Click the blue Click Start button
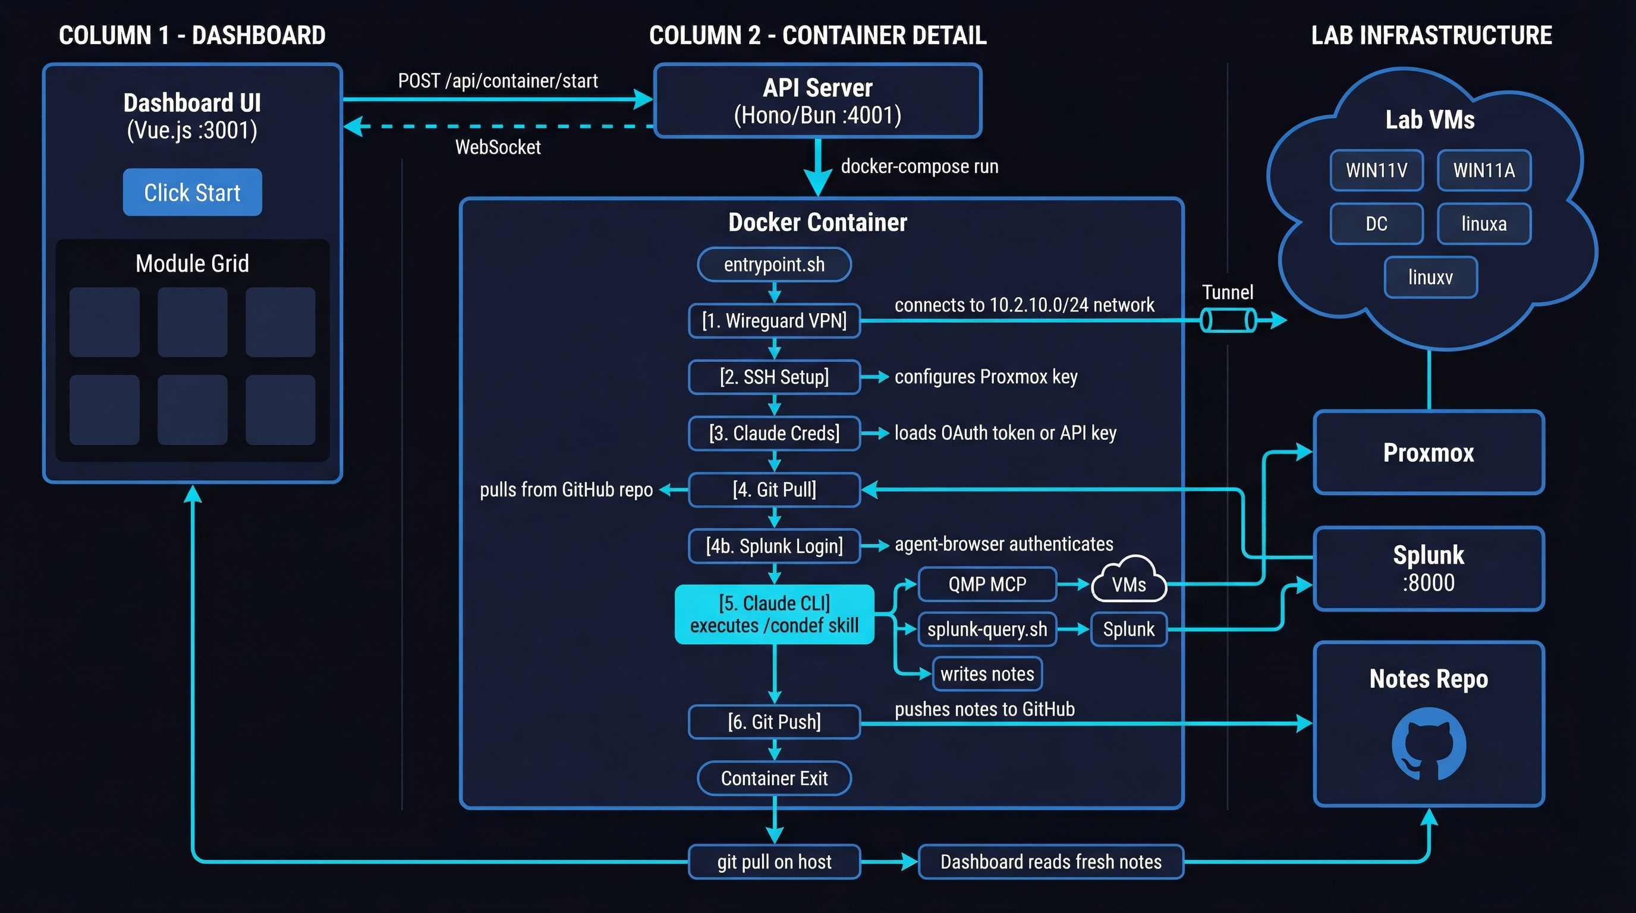point(192,192)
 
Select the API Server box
point(817,101)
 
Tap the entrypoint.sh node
point(774,264)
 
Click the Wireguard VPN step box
point(774,320)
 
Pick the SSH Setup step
point(774,377)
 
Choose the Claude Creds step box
point(774,433)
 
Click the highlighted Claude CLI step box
point(774,614)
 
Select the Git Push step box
point(774,722)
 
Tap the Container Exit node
point(774,779)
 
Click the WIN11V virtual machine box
point(1376,170)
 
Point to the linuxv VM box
point(1430,278)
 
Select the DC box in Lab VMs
point(1376,223)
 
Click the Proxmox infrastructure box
point(1429,453)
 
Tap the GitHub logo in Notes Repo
point(1429,744)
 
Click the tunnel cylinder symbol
point(1228,320)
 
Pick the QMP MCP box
point(987,584)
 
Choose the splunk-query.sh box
point(987,629)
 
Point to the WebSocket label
point(498,147)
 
